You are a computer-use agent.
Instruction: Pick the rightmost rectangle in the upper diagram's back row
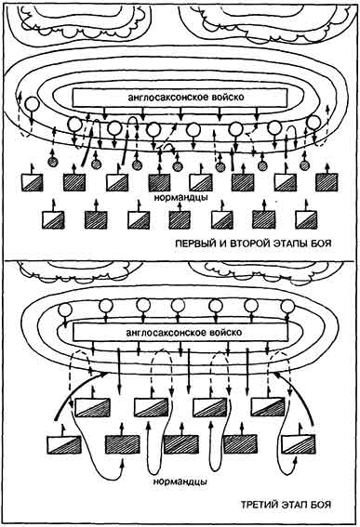tap(309, 219)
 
